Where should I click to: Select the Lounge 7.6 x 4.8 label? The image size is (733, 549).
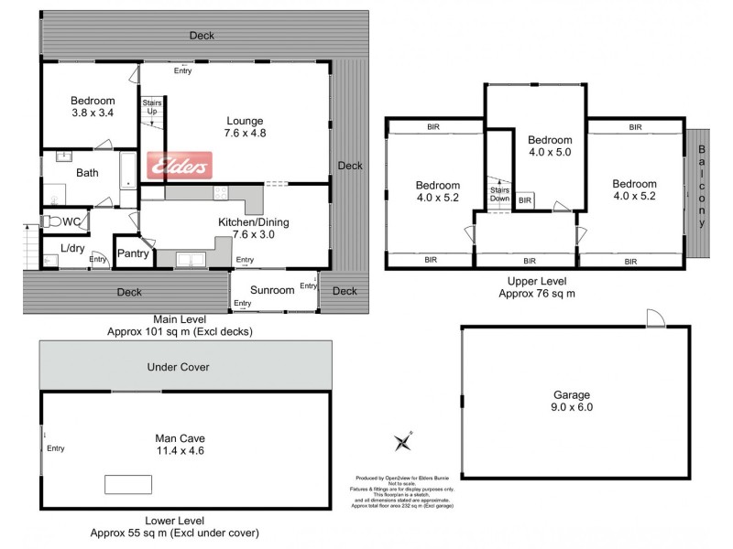[245, 126]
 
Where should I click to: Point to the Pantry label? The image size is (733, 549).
[133, 253]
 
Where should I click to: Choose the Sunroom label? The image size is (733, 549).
[272, 291]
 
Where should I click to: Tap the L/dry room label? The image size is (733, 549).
[72, 248]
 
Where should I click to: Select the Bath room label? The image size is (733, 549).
[87, 172]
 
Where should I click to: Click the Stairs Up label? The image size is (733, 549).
[151, 107]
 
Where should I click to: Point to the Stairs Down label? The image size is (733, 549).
[499, 193]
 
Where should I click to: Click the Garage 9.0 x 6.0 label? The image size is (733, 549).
[573, 402]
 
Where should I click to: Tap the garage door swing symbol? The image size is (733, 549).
[653, 318]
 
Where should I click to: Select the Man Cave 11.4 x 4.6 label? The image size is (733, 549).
[179, 445]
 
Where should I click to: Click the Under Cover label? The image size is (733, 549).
[179, 367]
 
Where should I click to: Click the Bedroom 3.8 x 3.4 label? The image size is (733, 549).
[93, 107]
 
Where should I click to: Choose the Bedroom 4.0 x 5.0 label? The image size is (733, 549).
[550, 146]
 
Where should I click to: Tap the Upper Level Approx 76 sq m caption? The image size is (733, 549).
[536, 288]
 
